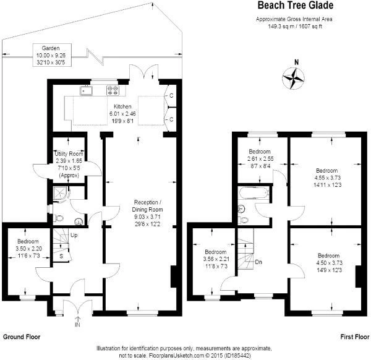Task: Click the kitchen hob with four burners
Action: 113,90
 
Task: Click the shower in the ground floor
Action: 60,196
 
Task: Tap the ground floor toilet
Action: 58,216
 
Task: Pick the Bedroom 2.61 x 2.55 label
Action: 259,158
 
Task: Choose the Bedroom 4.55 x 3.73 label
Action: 326,177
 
